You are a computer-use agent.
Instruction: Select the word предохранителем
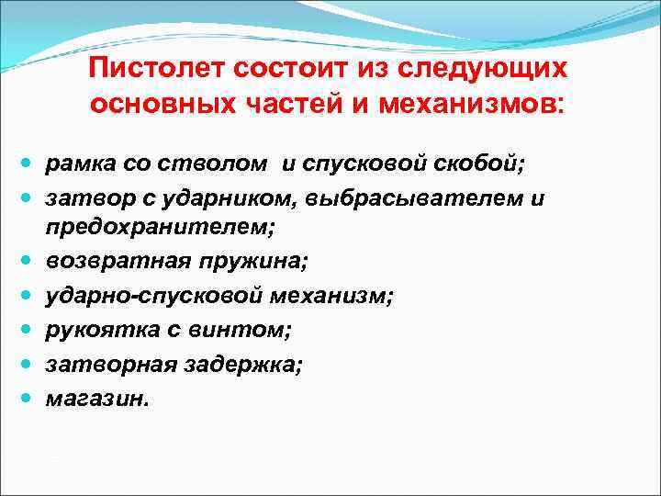[x=142, y=229]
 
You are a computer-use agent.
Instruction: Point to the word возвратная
[x=112, y=262]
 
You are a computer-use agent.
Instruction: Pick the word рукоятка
[x=95, y=328]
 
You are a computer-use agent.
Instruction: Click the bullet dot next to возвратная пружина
[x=27, y=261]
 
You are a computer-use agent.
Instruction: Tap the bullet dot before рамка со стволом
[x=27, y=163]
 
